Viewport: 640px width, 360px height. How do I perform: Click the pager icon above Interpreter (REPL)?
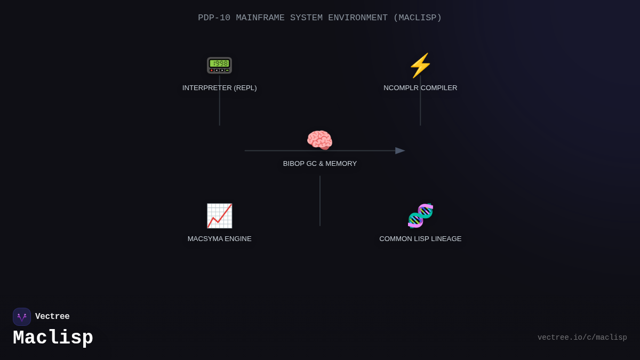[219, 65]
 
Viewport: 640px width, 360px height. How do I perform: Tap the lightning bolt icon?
[420, 65]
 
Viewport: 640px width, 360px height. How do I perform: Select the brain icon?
[319, 140]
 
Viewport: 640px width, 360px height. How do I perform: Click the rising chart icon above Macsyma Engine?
[219, 215]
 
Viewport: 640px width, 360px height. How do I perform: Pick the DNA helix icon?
[420, 215]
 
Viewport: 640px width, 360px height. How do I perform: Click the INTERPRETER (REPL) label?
[219, 88]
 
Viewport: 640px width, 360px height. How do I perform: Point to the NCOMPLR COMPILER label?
[420, 88]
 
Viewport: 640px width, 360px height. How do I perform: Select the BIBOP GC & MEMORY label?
[320, 164]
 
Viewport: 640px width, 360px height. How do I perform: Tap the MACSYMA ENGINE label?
[219, 239]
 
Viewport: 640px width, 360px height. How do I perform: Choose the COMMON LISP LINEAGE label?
[420, 239]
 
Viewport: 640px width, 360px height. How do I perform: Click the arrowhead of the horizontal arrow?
[400, 150]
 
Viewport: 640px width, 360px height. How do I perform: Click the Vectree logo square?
[22, 317]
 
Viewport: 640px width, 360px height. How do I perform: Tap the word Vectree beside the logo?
[52, 317]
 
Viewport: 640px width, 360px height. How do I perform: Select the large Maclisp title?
[53, 338]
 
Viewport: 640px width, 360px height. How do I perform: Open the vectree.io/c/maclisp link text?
[582, 338]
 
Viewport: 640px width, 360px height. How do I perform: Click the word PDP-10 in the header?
[214, 18]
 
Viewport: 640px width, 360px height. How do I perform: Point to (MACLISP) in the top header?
[418, 18]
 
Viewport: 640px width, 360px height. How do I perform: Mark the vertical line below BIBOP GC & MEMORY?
[320, 201]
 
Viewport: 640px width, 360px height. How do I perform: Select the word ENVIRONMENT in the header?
[358, 18]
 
